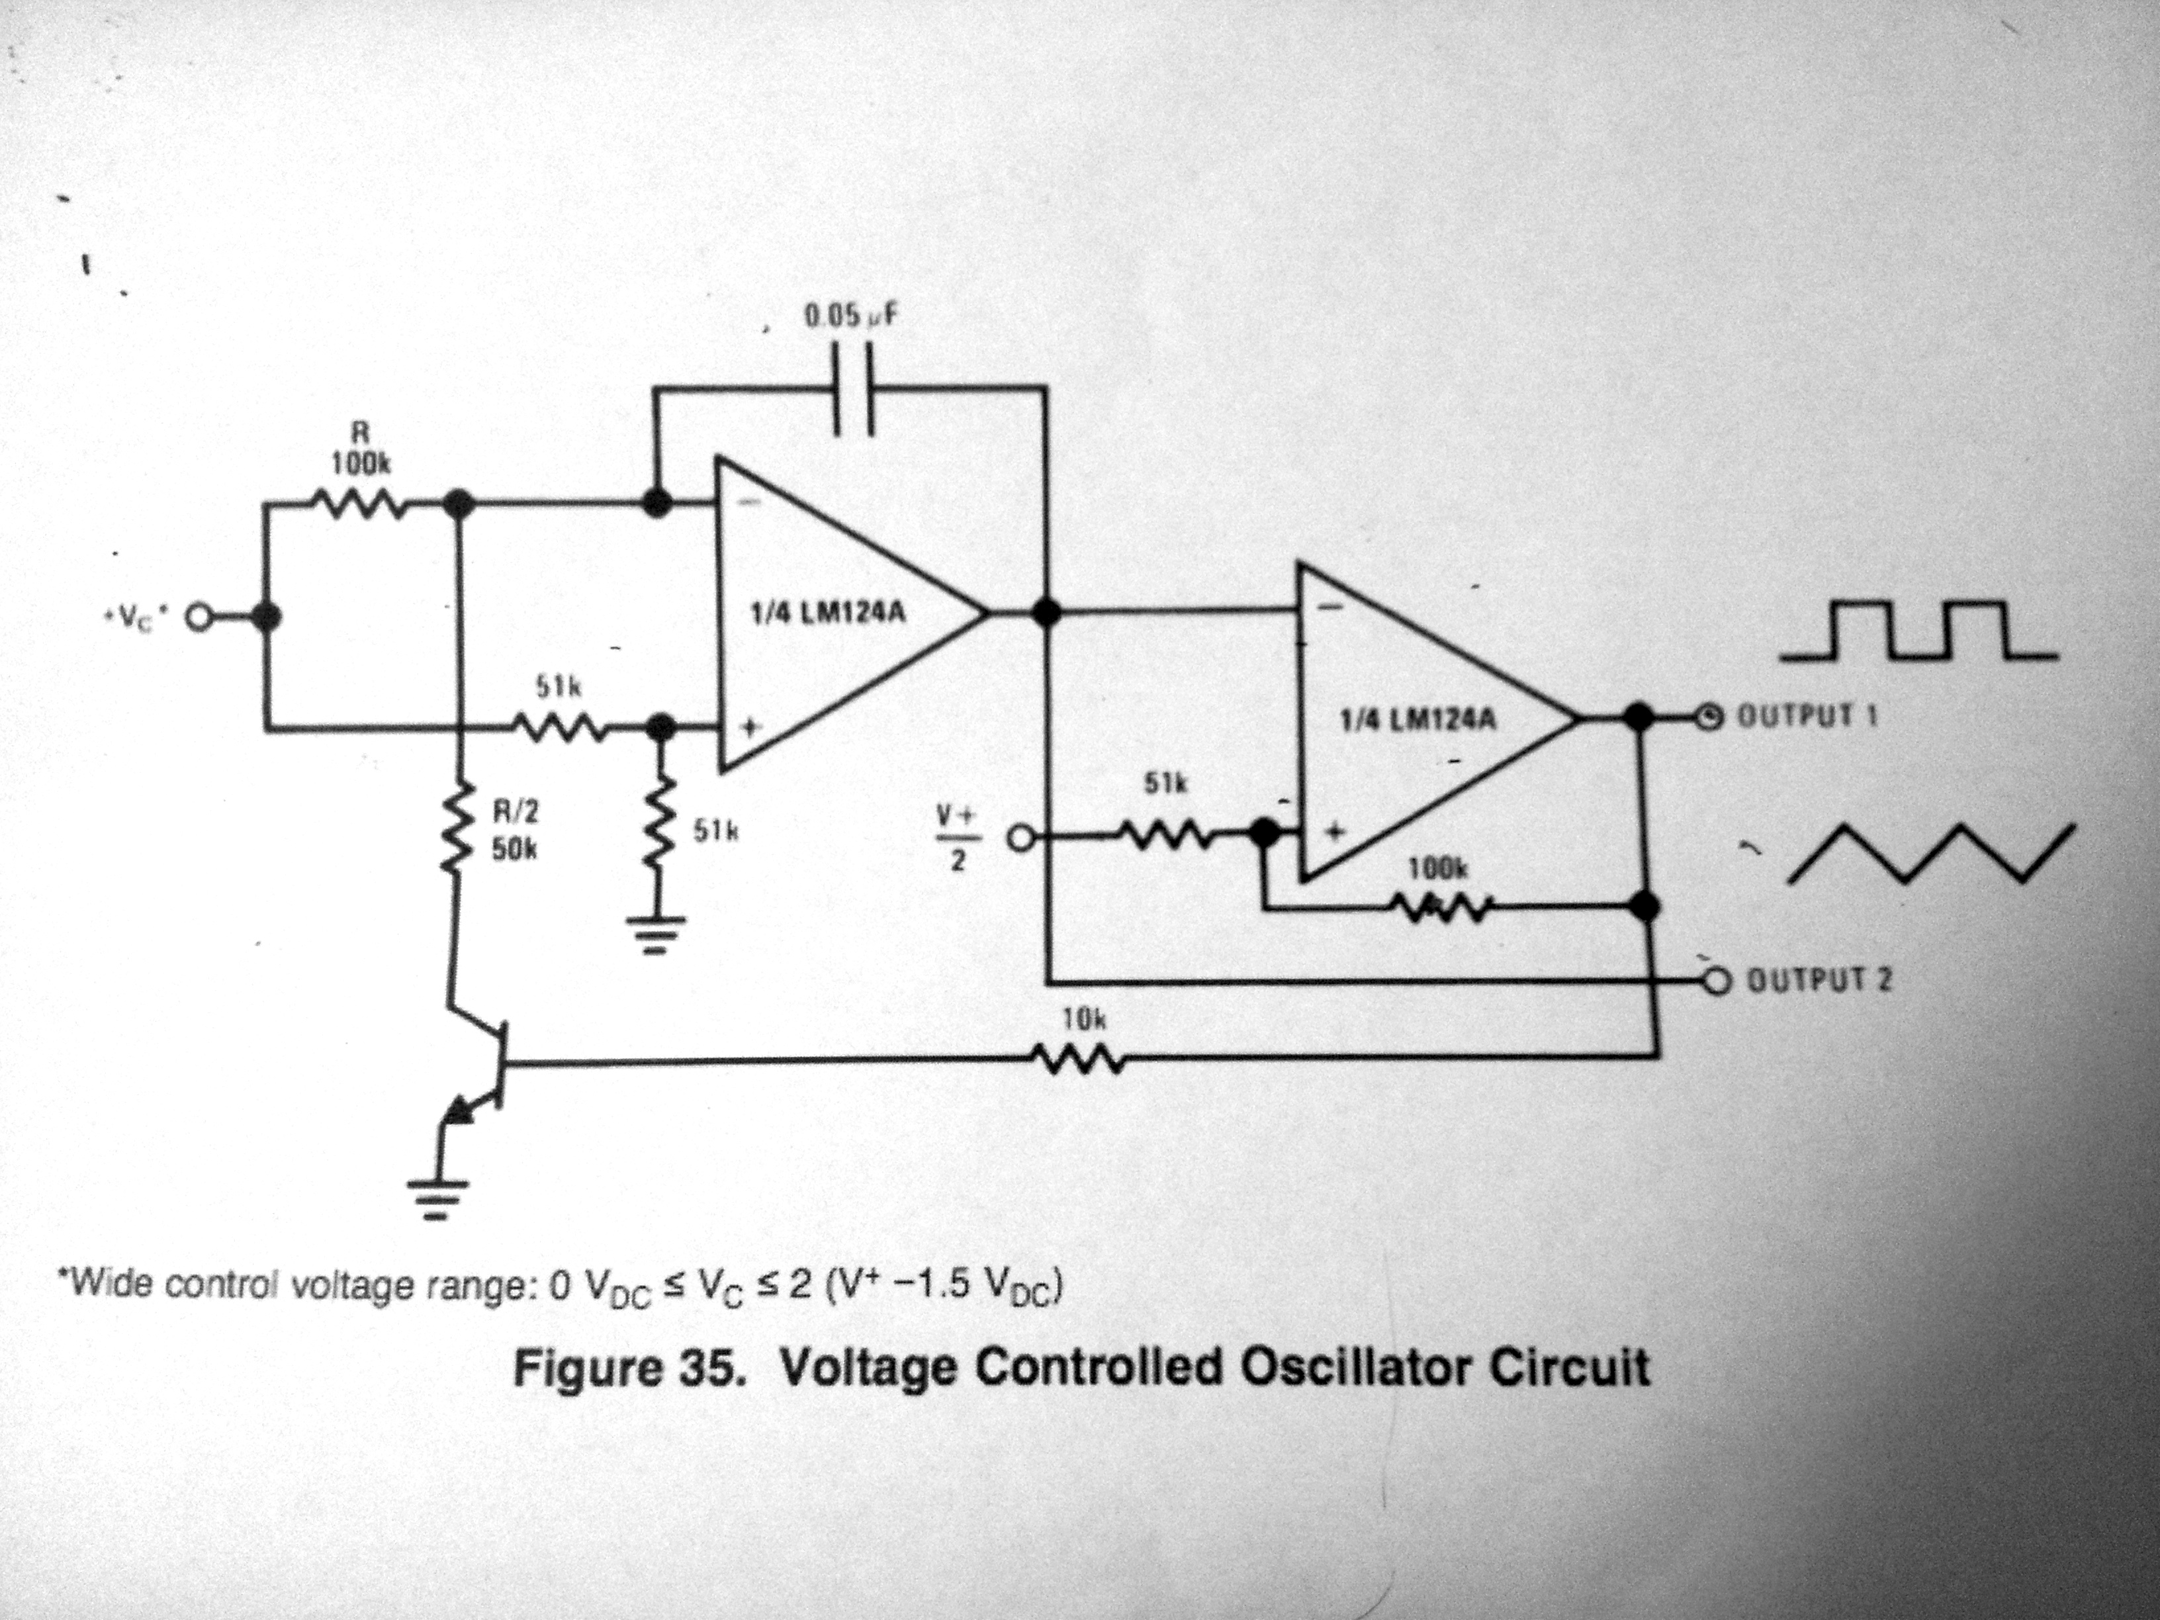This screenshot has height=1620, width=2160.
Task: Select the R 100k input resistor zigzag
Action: [359, 505]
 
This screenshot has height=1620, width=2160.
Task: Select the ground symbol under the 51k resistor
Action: [656, 932]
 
